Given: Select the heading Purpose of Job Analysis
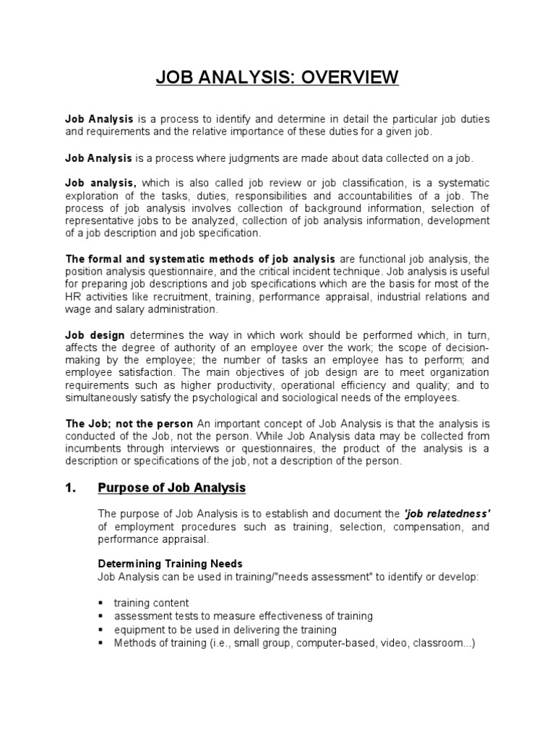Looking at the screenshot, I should pos(171,488).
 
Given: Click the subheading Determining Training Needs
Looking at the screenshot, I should pos(170,563).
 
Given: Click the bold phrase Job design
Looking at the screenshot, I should pos(95,335).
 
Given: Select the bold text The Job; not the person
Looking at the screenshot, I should pos(129,423).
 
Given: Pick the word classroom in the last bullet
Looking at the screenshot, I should pos(442,643).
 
